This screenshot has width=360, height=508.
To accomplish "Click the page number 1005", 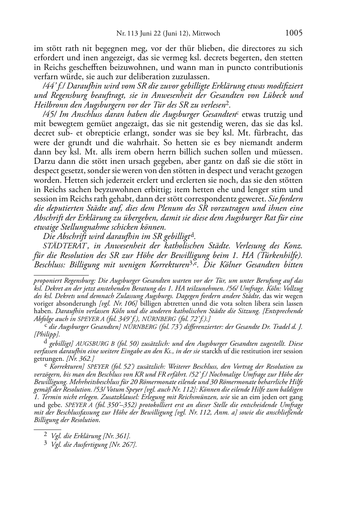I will point(294,33).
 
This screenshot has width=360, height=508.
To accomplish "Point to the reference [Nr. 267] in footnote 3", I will point(122,445).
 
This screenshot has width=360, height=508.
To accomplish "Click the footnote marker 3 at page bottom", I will point(45,444).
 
